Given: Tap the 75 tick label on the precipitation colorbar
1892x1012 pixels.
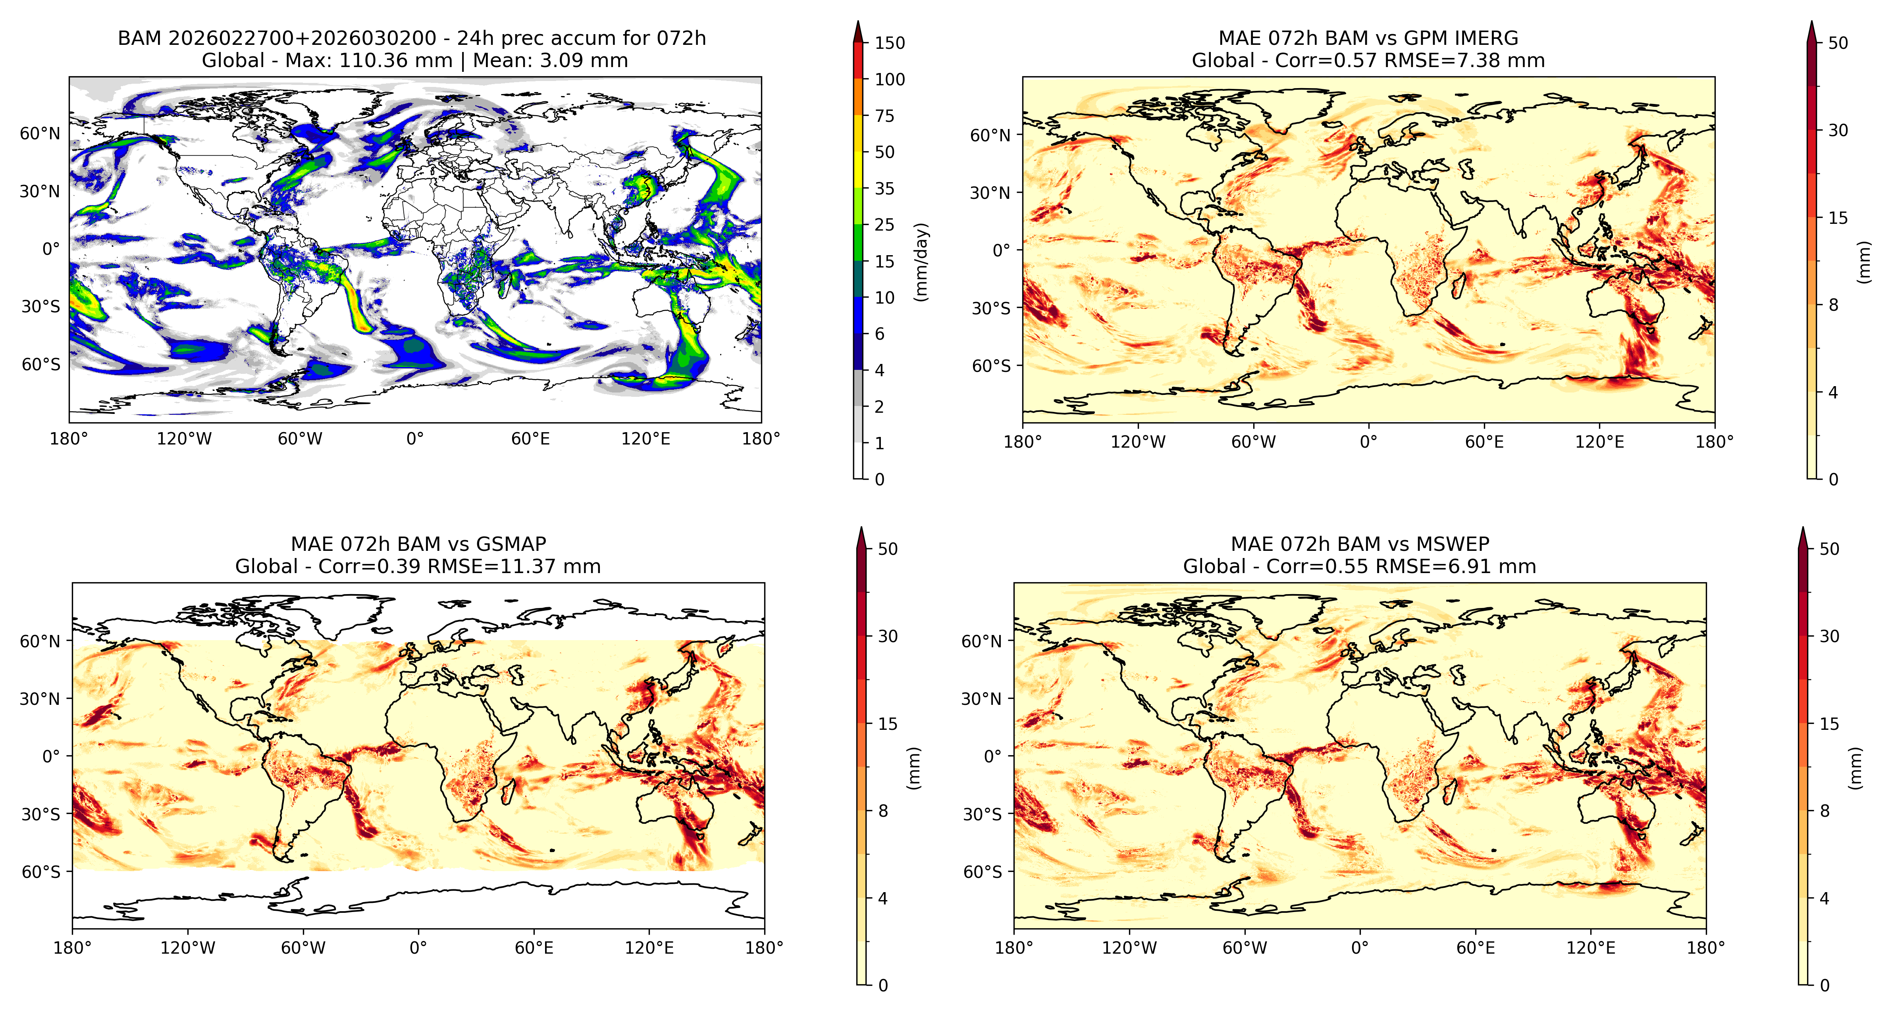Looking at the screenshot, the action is [x=884, y=116].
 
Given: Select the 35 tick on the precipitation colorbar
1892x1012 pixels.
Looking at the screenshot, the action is [x=884, y=189].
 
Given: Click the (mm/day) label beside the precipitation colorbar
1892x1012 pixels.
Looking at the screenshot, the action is [x=921, y=262].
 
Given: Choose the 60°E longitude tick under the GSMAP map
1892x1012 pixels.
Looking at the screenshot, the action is [x=534, y=948].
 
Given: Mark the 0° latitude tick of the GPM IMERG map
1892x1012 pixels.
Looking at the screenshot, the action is [x=1002, y=250].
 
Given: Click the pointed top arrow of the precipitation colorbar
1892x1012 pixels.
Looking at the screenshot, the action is [x=858, y=31].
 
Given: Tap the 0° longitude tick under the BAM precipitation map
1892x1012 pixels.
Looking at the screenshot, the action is [x=415, y=439].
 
